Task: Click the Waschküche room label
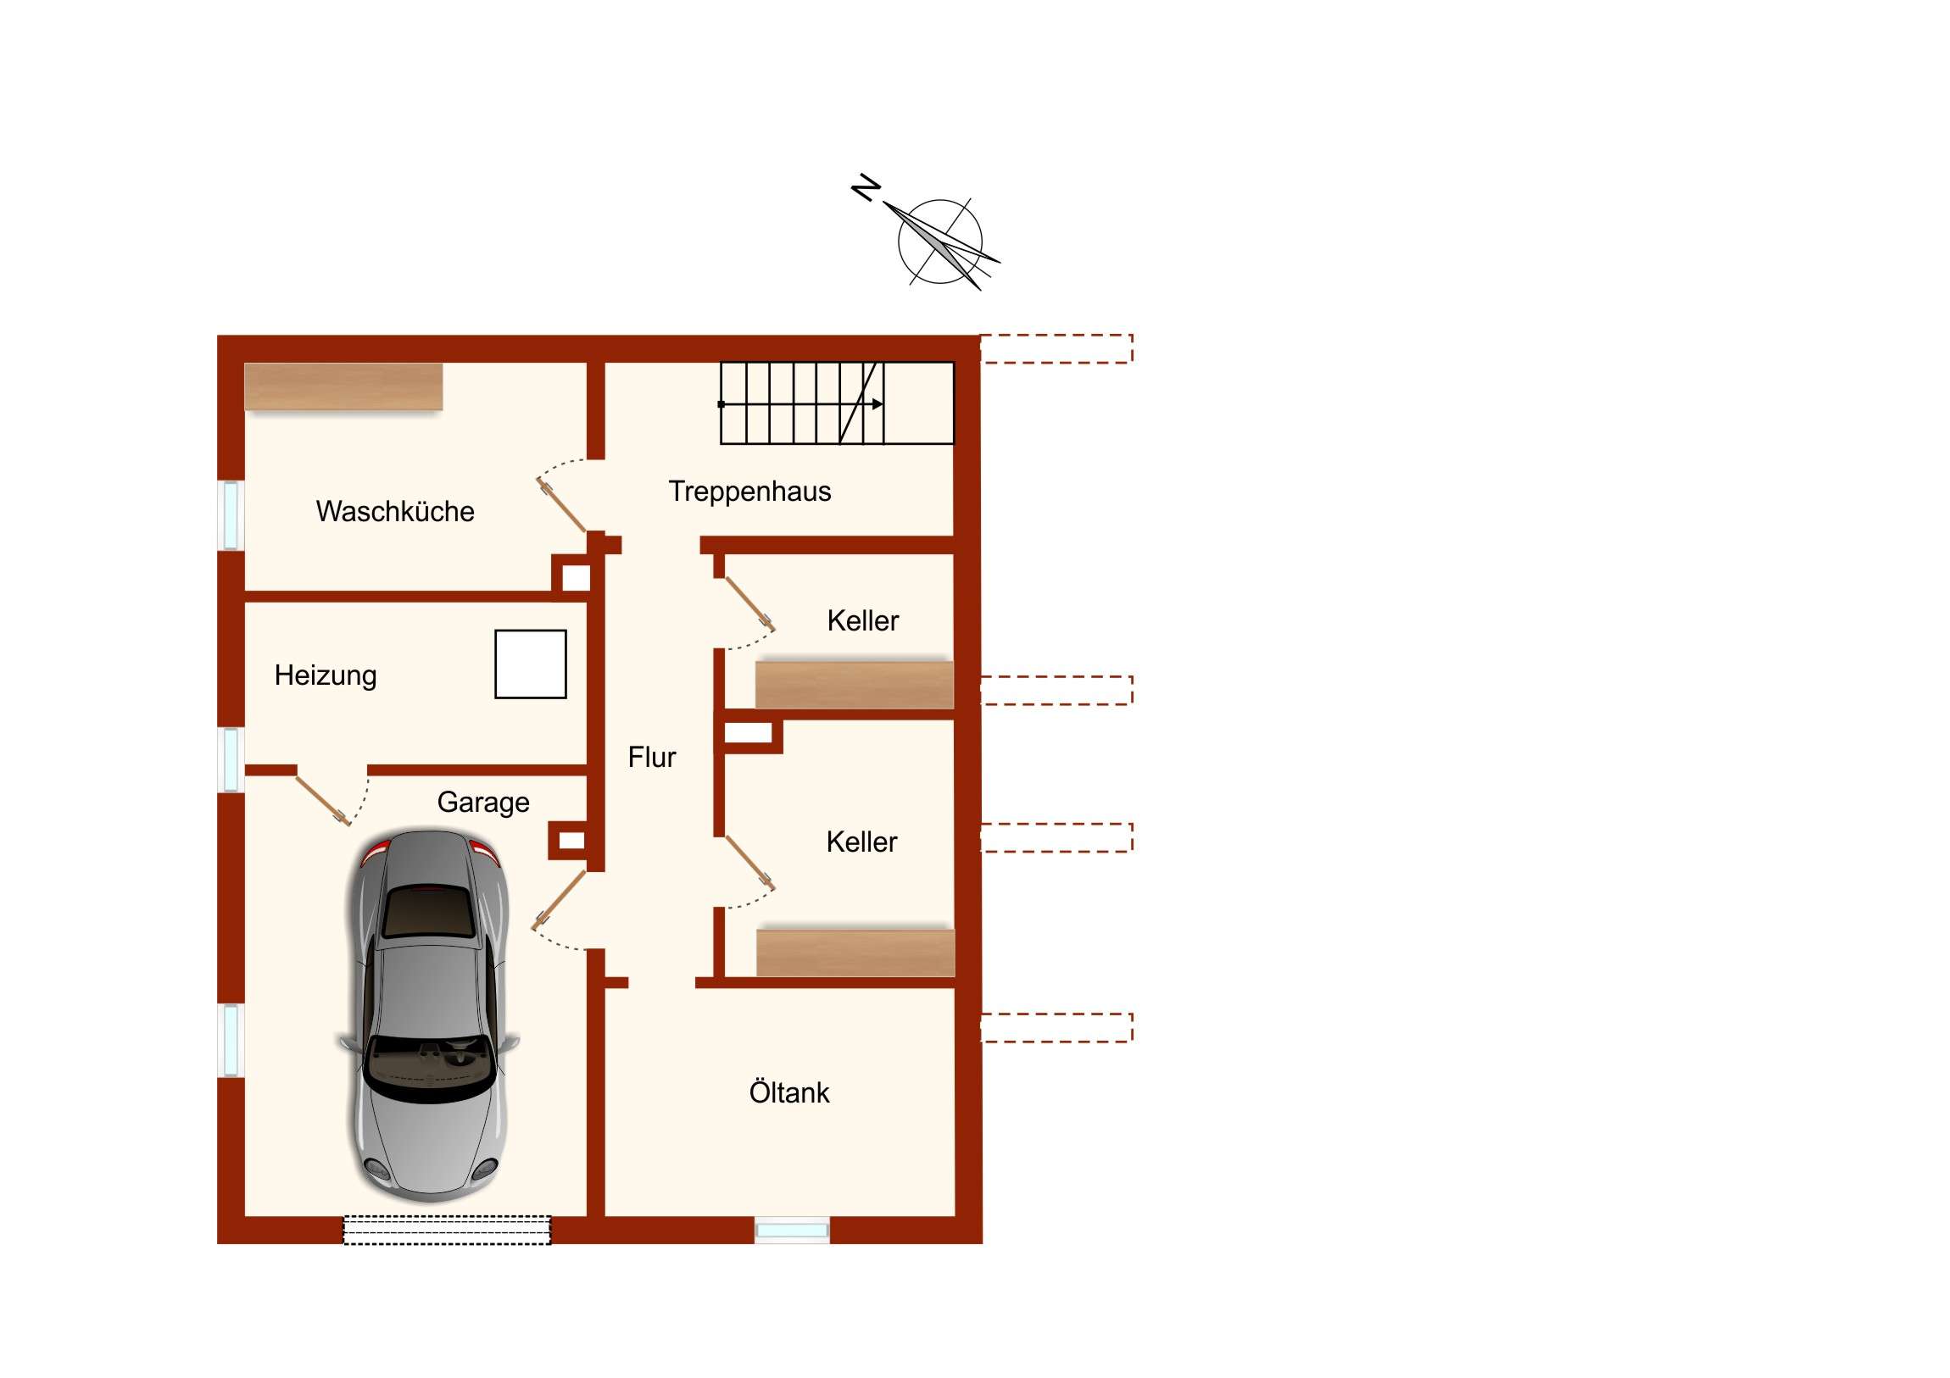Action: click(395, 511)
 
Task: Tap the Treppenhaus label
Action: click(749, 492)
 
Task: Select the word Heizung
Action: click(326, 675)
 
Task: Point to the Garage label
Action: click(483, 803)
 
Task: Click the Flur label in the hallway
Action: click(651, 757)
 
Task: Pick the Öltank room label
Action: click(789, 1092)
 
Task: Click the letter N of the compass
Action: click(866, 187)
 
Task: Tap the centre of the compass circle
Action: click(940, 242)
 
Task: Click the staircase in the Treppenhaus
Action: click(837, 403)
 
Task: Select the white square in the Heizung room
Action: click(531, 664)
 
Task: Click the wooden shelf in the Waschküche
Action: click(344, 387)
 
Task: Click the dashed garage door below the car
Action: click(447, 1231)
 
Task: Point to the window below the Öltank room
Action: click(792, 1231)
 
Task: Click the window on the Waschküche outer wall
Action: click(230, 515)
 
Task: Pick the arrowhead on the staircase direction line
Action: click(878, 404)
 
